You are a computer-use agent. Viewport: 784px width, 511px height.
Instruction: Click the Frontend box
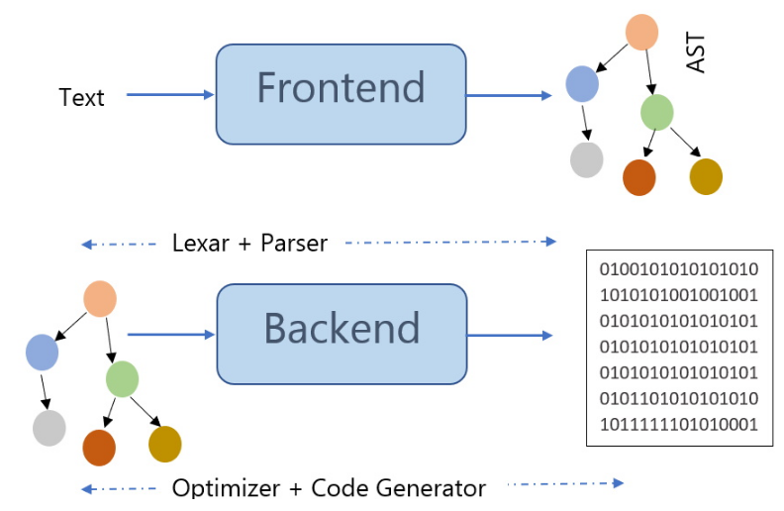pos(341,94)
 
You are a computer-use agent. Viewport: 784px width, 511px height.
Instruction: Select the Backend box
pos(342,334)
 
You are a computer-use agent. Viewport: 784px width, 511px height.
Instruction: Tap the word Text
pos(81,97)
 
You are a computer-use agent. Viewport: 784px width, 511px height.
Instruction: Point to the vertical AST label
pos(696,52)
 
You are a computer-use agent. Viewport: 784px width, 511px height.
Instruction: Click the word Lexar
pos(201,243)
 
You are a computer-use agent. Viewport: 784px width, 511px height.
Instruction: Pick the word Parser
pos(294,243)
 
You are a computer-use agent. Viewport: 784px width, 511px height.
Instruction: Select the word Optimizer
pos(226,488)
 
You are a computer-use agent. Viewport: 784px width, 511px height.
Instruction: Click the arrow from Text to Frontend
pos(170,94)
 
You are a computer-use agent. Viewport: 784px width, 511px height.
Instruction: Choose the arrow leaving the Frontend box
pos(509,95)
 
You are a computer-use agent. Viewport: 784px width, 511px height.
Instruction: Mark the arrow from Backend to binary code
pos(510,335)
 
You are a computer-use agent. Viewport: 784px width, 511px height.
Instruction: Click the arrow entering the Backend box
pos(171,334)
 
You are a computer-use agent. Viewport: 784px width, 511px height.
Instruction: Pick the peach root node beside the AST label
pos(641,32)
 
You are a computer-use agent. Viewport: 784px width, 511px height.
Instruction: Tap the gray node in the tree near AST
pos(586,160)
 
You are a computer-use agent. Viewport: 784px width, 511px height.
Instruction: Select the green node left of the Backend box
pos(122,379)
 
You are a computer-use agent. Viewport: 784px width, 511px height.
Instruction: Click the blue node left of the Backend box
pos(42,353)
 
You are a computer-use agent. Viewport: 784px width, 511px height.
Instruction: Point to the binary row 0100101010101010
pos(678,269)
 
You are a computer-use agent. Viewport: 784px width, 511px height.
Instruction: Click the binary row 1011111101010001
pos(678,425)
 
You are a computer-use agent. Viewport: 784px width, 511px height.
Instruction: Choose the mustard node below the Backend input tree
pos(165,444)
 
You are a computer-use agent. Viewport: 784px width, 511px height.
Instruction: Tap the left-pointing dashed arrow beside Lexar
pos(119,244)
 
